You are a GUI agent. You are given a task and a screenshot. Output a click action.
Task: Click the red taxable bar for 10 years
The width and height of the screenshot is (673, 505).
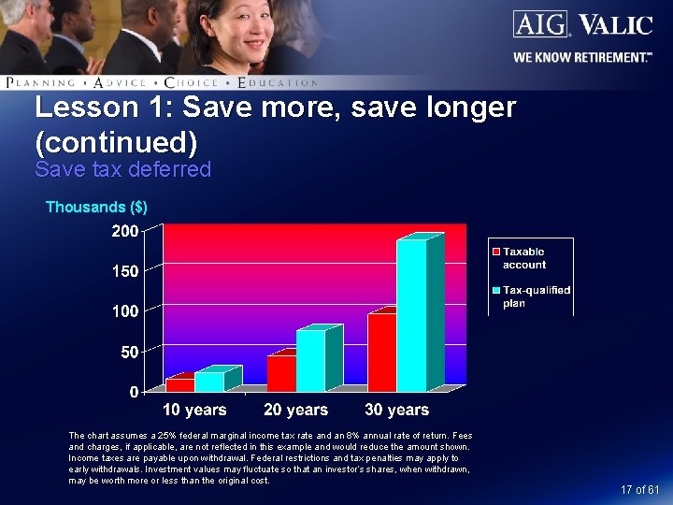pyautogui.click(x=179, y=384)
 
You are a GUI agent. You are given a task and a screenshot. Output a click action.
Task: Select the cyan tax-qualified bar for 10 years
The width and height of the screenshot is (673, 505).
pyautogui.click(x=209, y=382)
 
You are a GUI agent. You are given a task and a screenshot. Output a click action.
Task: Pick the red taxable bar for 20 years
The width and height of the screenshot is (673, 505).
pyautogui.click(x=280, y=373)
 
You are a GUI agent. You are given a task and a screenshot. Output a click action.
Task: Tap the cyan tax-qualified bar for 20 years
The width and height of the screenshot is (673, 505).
pyautogui.click(x=310, y=360)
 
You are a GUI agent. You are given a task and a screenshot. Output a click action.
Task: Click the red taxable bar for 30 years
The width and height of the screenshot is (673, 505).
pyautogui.click(x=381, y=353)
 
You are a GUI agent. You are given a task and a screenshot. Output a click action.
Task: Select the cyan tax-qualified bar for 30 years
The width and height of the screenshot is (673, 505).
pyautogui.click(x=411, y=315)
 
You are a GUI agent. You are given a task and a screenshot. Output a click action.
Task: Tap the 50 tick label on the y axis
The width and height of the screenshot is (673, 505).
pyautogui.click(x=130, y=352)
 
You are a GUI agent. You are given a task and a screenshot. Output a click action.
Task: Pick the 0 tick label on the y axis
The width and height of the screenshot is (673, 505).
pyautogui.click(x=135, y=391)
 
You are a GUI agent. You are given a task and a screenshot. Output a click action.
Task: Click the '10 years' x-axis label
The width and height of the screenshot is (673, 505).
pyautogui.click(x=194, y=410)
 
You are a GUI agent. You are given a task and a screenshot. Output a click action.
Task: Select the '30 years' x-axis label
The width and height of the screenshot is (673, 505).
pyautogui.click(x=396, y=410)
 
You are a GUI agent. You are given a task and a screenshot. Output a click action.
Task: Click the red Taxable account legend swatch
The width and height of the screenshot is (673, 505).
pyautogui.click(x=496, y=252)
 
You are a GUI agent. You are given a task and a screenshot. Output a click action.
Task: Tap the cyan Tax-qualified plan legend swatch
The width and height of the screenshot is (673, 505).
pyautogui.click(x=496, y=290)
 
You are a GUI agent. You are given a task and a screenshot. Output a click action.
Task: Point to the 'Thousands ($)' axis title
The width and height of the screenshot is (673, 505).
pyautogui.click(x=96, y=207)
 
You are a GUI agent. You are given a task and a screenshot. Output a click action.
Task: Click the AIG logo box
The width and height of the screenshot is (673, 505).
pyautogui.click(x=538, y=23)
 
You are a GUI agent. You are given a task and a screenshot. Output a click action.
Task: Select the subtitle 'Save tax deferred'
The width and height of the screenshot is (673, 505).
pyautogui.click(x=122, y=169)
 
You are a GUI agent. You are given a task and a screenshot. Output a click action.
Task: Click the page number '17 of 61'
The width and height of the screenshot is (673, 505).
pyautogui.click(x=640, y=490)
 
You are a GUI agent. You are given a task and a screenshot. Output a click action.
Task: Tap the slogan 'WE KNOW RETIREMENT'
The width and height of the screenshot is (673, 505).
pyautogui.click(x=581, y=57)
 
